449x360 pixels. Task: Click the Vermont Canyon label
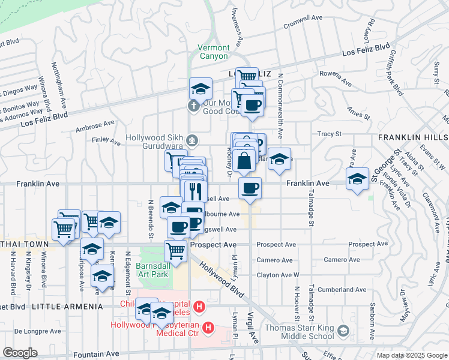coord(214,52)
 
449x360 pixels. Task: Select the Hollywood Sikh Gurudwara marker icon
coord(191,141)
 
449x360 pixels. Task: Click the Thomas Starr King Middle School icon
coord(343,331)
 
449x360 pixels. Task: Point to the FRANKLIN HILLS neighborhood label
coord(413,138)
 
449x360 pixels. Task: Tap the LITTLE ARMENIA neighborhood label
coord(67,307)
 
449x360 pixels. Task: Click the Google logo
coord(20,352)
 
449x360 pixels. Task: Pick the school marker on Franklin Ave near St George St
coord(358,178)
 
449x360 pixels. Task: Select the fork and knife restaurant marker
coord(194,191)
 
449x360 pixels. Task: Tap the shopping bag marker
coord(245,161)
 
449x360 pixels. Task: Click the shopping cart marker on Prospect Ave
coord(175,250)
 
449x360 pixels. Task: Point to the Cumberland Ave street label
coord(342,289)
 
